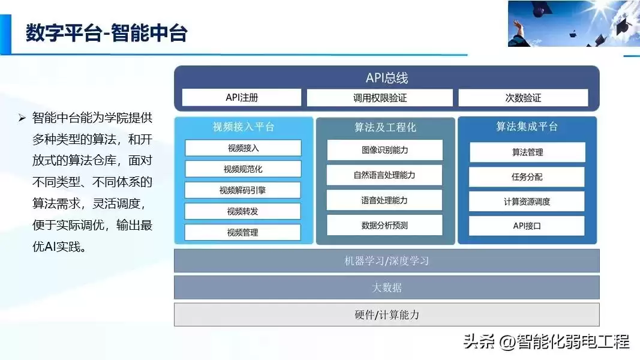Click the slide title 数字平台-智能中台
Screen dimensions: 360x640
pos(107,33)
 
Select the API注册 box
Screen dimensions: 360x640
pos(242,98)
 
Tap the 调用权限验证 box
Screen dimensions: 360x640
pos(380,98)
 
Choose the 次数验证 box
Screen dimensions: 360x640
pos(523,98)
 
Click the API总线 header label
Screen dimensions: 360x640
pos(387,78)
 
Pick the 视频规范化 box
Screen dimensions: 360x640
pos(243,169)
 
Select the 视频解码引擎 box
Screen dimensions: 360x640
pos(243,190)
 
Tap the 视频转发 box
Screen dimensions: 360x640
pos(243,211)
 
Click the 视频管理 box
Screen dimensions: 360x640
pos(243,232)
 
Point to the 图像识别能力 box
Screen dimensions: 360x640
pos(384,150)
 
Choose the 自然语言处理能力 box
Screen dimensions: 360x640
pos(384,175)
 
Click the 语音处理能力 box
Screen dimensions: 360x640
pos(384,200)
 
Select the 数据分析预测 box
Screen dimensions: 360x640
pos(384,226)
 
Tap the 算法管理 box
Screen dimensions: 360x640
pos(527,152)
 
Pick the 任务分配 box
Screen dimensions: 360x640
pos(527,177)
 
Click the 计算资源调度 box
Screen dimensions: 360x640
pos(527,202)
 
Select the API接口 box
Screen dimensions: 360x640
pos(527,226)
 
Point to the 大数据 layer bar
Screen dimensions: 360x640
pos(387,287)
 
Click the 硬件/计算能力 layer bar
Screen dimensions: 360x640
pos(387,314)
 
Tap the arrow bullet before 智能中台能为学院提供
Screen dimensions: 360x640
pos(22,118)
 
